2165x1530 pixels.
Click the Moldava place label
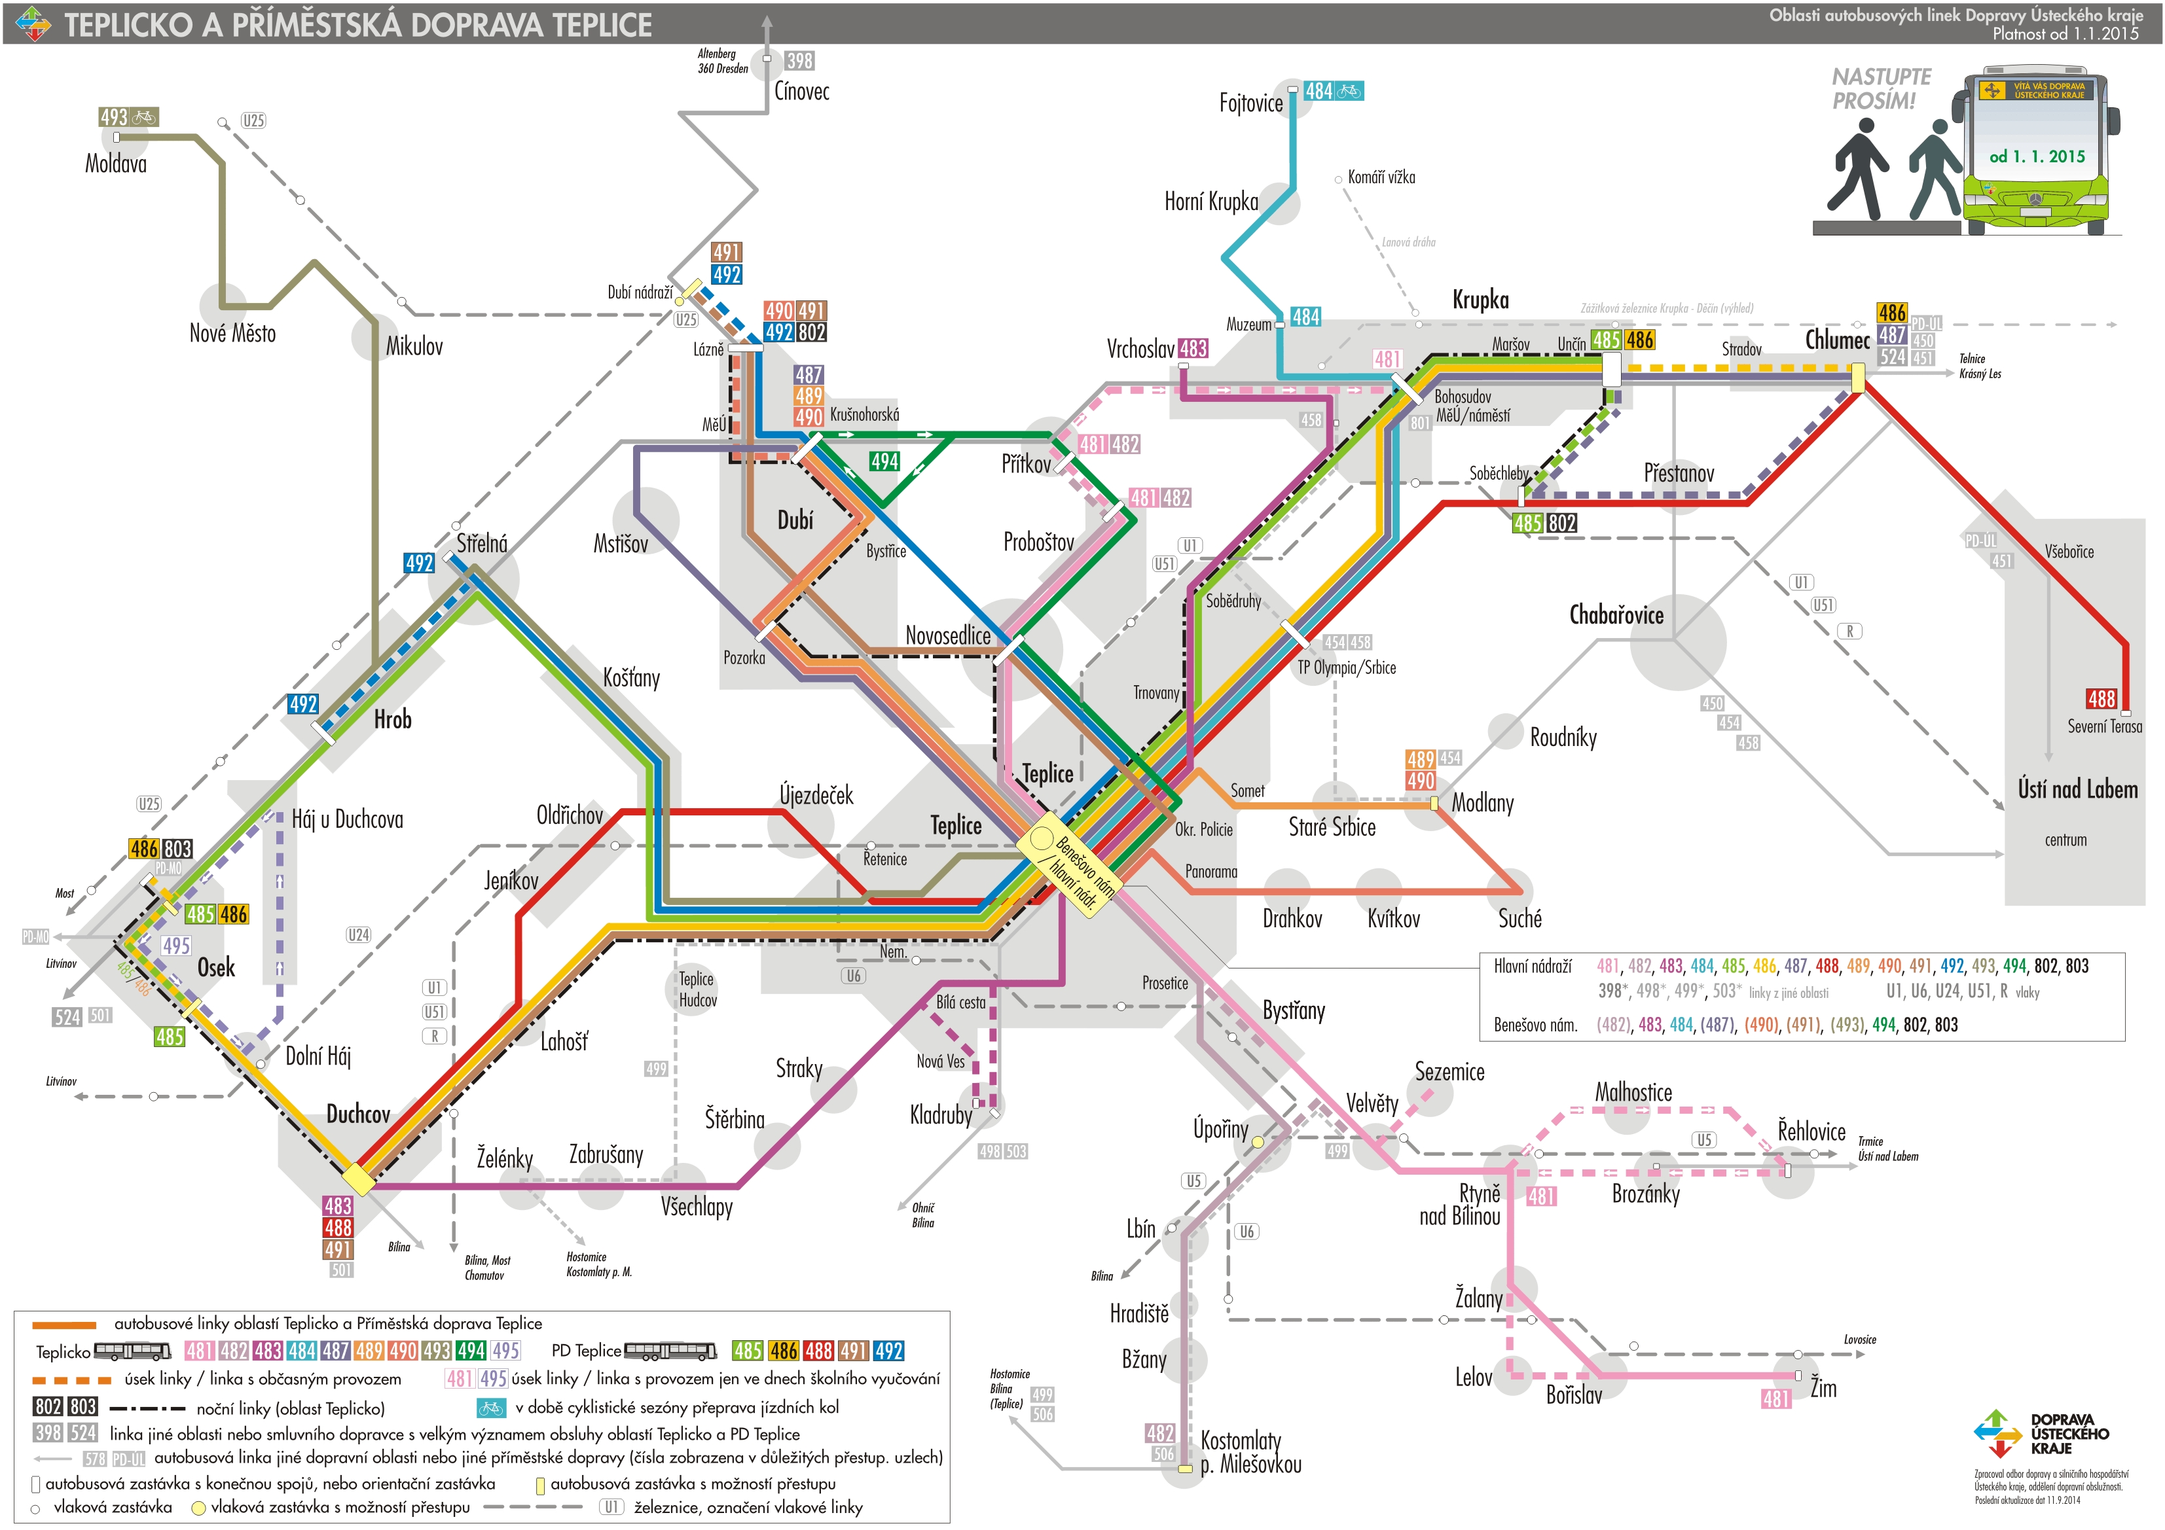(116, 164)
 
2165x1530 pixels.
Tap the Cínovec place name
(801, 92)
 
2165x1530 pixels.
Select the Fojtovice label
(1250, 103)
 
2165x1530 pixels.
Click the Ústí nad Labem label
(2077, 789)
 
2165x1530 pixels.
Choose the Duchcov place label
(357, 1114)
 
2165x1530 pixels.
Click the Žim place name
(1823, 1387)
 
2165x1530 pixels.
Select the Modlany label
(1482, 803)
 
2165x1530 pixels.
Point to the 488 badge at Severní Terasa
(2101, 698)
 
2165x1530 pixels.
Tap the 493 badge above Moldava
(114, 117)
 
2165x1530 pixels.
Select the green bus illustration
(2041, 151)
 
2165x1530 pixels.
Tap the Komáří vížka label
(1381, 177)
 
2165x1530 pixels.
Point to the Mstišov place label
(621, 544)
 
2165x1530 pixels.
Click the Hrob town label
(392, 719)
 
